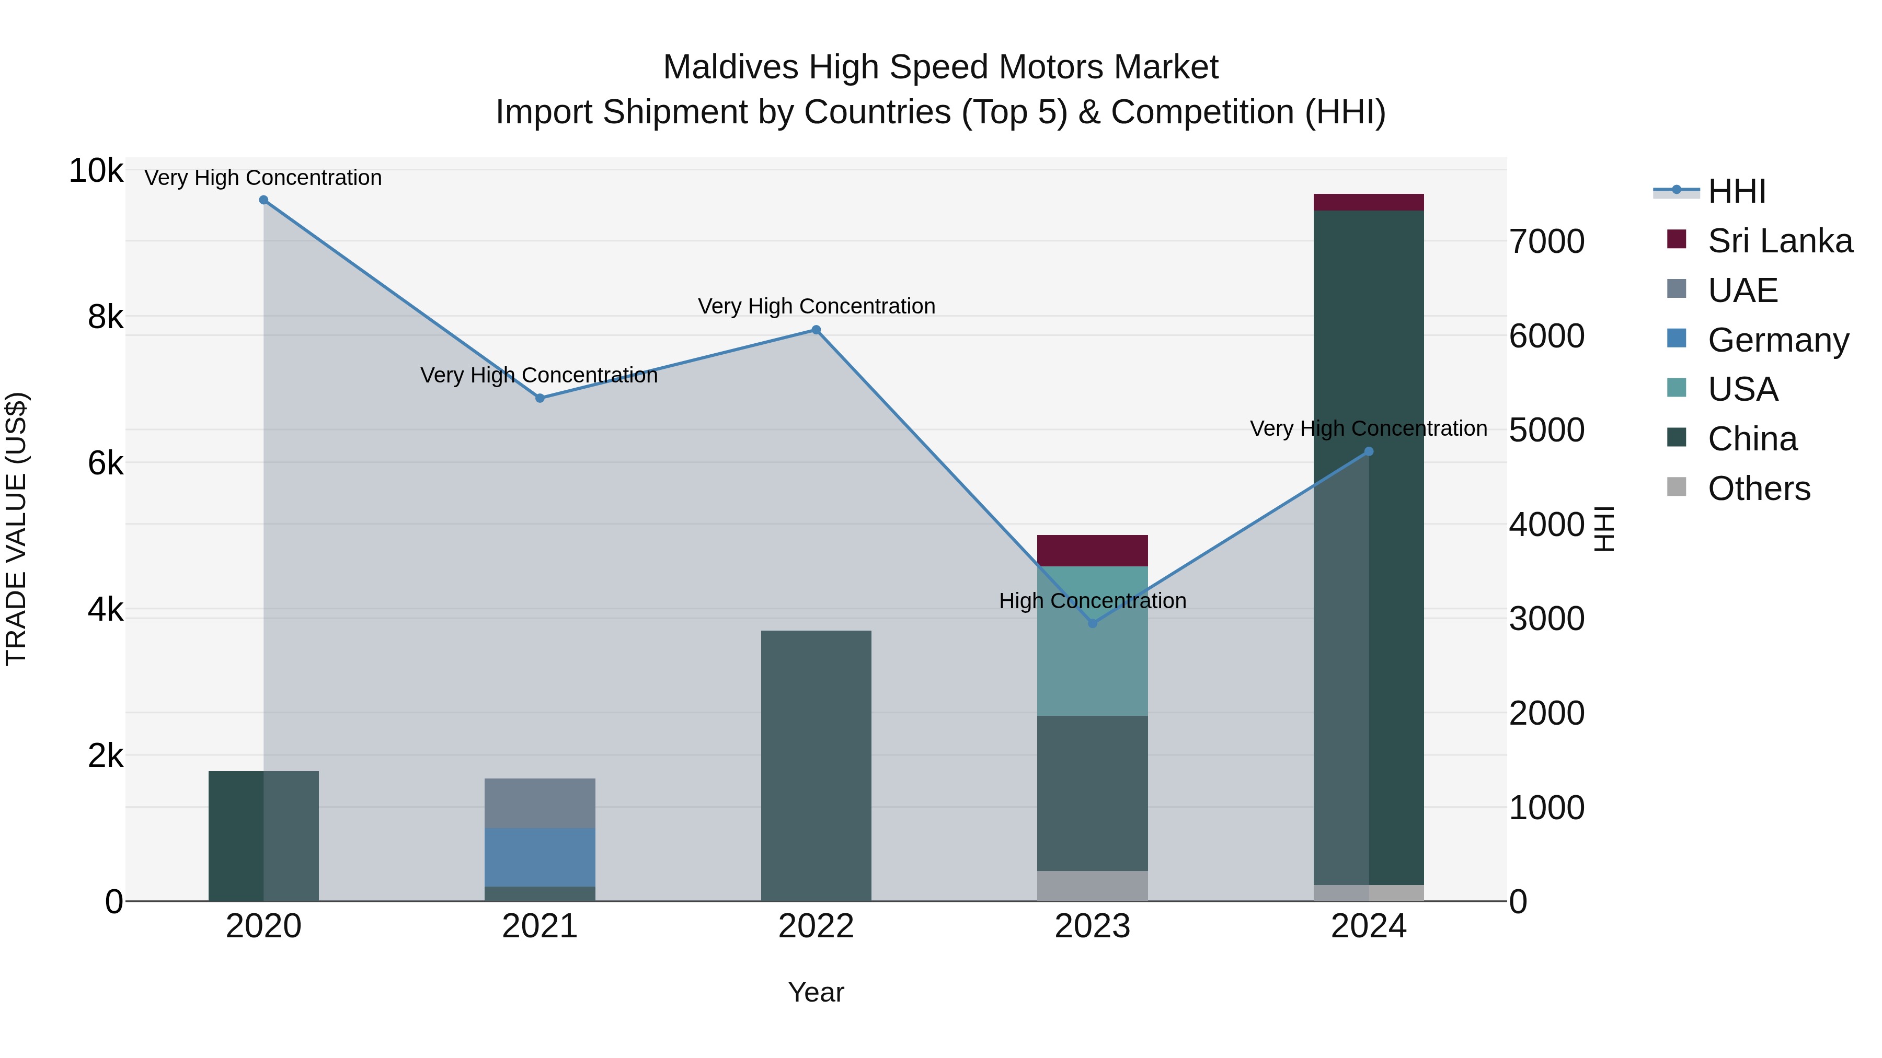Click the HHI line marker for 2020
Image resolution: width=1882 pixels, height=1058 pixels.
(264, 200)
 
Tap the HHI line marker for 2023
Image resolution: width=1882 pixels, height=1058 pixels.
(1092, 623)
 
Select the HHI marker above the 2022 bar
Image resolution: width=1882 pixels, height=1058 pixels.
(816, 330)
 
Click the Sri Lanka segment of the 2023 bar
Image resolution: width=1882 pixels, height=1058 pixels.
(1092, 551)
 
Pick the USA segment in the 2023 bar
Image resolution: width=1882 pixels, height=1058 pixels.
(1092, 641)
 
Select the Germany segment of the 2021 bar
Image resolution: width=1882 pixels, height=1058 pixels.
(540, 857)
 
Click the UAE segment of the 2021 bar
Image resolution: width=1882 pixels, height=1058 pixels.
(540, 803)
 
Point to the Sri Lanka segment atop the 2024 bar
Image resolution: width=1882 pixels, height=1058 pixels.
(1369, 202)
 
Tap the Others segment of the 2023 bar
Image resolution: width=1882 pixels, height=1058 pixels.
(1092, 886)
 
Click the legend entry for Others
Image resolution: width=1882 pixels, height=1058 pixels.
(1759, 489)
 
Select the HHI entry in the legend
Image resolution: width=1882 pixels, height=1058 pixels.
(1737, 191)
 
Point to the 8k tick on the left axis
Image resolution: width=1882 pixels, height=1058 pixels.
(105, 317)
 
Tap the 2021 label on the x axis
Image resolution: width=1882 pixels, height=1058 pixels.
(540, 926)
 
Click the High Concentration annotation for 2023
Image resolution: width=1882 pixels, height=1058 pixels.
(1092, 601)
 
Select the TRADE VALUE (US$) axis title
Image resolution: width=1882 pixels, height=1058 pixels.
(16, 529)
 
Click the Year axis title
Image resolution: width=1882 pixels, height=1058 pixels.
(816, 992)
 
